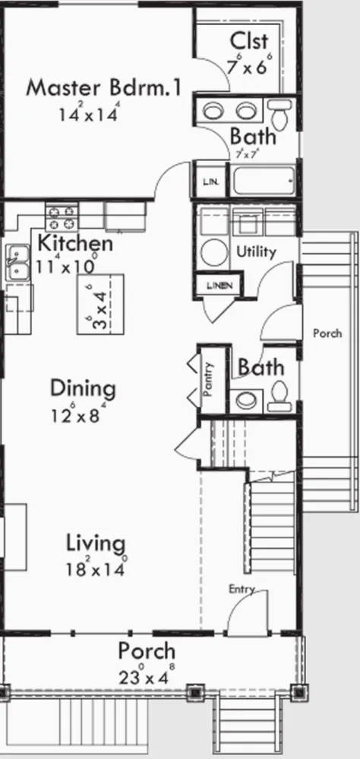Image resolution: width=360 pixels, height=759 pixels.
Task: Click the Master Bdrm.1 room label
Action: tap(104, 87)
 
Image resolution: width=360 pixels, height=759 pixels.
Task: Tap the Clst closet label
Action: tap(249, 41)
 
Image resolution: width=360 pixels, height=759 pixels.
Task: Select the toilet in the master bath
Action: tap(280, 113)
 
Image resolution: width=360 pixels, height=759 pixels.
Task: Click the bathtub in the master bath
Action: tap(264, 180)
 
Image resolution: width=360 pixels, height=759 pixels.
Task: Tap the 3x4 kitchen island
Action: tap(100, 304)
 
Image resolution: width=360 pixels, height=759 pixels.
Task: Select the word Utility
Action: tap(256, 252)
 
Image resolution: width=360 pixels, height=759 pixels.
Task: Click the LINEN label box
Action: tap(219, 285)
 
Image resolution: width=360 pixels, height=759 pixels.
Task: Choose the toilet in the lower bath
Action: tap(280, 392)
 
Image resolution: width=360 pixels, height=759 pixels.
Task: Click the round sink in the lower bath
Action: tap(246, 400)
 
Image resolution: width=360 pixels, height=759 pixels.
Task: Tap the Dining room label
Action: tap(84, 389)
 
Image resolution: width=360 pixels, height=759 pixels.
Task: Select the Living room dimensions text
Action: tap(96, 568)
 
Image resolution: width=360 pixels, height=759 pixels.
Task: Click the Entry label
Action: tap(242, 589)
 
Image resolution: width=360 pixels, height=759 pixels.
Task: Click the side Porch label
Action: tap(327, 333)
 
